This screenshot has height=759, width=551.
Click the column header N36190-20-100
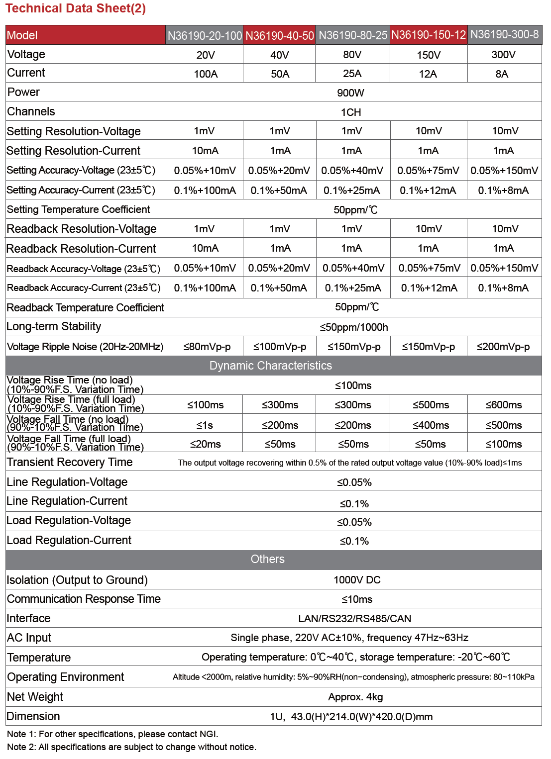205,36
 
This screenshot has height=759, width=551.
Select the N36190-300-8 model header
504,34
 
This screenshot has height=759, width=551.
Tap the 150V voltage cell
429,55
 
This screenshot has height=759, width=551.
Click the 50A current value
280,74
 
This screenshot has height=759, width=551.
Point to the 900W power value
350,93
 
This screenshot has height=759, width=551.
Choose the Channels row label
31,111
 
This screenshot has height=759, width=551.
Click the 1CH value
350,112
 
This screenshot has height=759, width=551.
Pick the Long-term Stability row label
54,327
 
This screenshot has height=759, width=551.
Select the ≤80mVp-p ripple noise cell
207,347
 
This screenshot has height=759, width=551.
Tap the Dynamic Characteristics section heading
270,366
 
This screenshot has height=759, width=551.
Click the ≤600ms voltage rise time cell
504,405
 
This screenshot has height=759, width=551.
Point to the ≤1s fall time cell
205,425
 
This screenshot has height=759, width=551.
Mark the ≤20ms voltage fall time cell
205,444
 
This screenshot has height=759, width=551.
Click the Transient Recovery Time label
70,462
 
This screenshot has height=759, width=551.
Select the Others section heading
267,559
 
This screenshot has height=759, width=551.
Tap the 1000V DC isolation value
357,580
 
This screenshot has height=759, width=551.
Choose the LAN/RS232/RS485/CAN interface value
354,619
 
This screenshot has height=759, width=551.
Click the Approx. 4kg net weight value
355,697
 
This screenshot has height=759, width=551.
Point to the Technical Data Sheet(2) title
76,8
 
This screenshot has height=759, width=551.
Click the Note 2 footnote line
131,747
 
